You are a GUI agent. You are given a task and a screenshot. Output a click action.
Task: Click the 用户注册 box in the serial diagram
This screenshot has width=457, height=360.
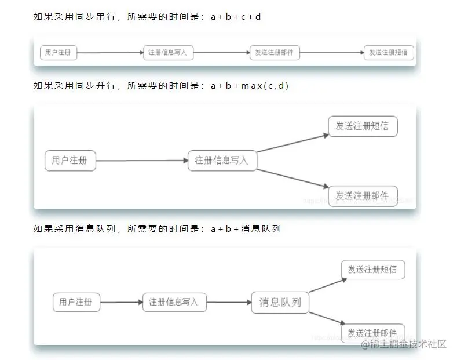point(59,53)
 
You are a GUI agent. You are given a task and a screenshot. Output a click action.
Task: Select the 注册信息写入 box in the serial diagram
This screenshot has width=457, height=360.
point(168,53)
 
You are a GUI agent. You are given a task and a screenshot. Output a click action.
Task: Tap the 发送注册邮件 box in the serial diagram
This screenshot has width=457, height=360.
point(275,53)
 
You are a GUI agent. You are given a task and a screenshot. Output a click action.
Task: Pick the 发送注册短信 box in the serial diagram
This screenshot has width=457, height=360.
point(389,53)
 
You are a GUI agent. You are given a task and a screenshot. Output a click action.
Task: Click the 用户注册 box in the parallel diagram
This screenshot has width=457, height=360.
point(70,161)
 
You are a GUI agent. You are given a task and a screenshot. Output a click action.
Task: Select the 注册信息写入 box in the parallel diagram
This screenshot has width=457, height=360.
point(222,161)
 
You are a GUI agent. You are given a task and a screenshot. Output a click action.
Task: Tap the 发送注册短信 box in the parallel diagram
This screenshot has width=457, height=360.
point(363,126)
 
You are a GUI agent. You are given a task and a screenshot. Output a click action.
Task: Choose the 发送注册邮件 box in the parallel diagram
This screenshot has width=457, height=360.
point(363,195)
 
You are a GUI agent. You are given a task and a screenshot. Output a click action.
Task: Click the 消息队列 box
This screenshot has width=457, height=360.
point(280,302)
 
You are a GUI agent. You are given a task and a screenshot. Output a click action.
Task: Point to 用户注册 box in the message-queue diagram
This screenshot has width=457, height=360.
point(76,302)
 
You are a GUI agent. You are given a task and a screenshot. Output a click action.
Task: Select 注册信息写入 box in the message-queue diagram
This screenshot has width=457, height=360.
point(174,302)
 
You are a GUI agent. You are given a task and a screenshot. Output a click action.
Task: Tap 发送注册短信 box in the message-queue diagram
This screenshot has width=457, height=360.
point(372,270)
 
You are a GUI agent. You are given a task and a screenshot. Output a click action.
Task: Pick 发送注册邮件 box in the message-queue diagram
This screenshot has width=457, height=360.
point(372,333)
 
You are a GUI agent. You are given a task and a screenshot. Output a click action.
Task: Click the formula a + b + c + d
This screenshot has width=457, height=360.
point(236,17)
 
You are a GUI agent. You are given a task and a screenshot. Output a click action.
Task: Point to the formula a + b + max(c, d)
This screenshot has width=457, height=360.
point(250,86)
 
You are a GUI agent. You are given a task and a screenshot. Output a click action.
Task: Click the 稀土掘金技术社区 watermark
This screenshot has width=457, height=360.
point(404,344)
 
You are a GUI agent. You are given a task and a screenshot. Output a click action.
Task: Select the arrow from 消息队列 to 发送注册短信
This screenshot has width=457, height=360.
point(327,285)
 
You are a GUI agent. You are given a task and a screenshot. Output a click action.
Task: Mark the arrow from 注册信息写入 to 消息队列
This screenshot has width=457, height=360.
point(229,302)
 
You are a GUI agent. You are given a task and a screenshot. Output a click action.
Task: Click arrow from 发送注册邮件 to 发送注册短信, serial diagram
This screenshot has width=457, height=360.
point(332,53)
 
